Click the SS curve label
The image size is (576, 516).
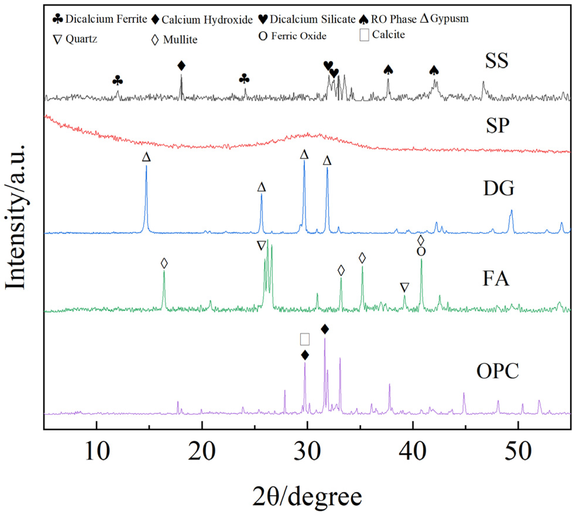[496, 61]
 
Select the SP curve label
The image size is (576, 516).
[497, 126]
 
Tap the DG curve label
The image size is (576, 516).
[498, 188]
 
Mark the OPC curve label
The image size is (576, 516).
[497, 371]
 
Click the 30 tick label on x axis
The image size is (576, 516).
[307, 451]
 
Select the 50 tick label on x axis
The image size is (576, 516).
[518, 451]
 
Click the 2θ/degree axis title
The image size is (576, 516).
[307, 496]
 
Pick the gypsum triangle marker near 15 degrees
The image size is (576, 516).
[146, 157]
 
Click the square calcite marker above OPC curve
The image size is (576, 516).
[305, 339]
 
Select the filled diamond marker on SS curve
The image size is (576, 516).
[181, 66]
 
